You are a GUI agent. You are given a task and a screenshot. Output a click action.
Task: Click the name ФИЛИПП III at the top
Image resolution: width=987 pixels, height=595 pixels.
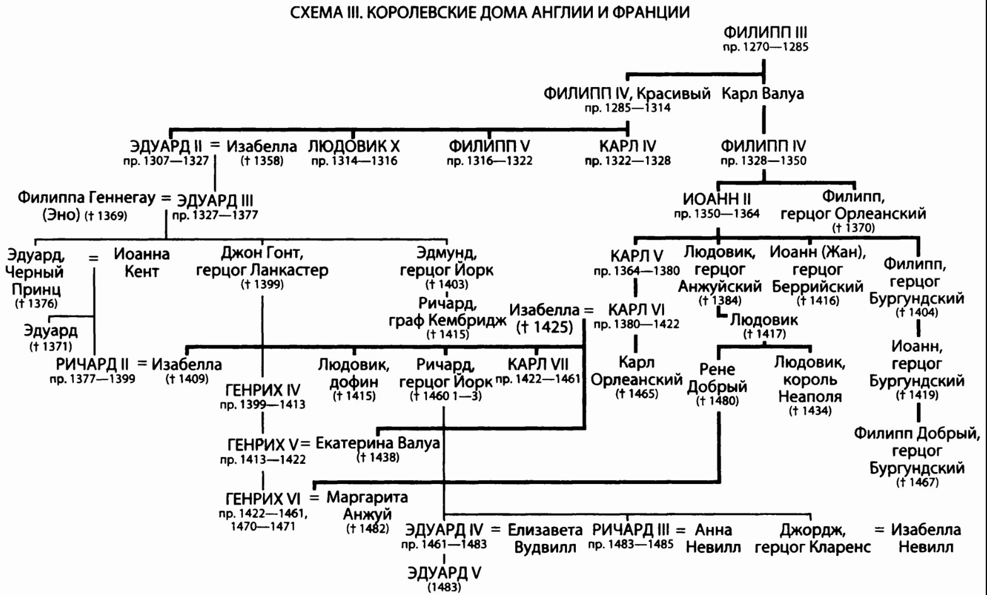pyautogui.click(x=765, y=33)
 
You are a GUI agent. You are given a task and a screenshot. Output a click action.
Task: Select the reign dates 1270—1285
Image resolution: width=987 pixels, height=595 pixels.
pyautogui.click(x=765, y=47)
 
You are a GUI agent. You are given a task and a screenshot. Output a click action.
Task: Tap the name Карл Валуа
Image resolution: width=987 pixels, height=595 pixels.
pyautogui.click(x=762, y=95)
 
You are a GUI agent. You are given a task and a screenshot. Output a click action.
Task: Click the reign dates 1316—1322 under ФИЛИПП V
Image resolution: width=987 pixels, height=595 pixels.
pyautogui.click(x=489, y=161)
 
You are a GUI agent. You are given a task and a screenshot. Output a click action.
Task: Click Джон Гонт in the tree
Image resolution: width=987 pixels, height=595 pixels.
pyautogui.click(x=262, y=254)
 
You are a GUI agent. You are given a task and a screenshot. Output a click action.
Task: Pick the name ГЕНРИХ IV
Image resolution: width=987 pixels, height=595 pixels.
pyautogui.click(x=262, y=390)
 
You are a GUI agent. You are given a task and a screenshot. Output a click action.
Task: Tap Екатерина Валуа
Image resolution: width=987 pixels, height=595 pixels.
pyautogui.click(x=377, y=443)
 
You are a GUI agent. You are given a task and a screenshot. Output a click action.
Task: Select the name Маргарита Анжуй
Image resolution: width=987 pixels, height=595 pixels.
pyautogui.click(x=367, y=505)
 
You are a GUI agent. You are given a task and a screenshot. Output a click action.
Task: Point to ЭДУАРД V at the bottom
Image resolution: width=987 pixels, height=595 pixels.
pyautogui.click(x=444, y=573)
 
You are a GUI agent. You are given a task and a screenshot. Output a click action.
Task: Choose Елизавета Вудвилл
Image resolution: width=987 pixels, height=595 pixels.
pyautogui.click(x=546, y=538)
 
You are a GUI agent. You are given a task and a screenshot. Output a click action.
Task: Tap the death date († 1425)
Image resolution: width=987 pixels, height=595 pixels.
pyautogui.click(x=544, y=328)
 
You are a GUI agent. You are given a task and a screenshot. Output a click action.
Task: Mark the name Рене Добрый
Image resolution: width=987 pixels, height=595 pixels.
pyautogui.click(x=717, y=378)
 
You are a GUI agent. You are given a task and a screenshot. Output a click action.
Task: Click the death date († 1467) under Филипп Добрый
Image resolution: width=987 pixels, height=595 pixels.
pyautogui.click(x=917, y=483)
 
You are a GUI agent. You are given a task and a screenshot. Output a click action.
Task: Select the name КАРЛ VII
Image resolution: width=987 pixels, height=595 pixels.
pyautogui.click(x=538, y=364)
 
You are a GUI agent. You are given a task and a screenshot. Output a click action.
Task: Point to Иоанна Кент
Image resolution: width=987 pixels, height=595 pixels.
pyautogui.click(x=142, y=263)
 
